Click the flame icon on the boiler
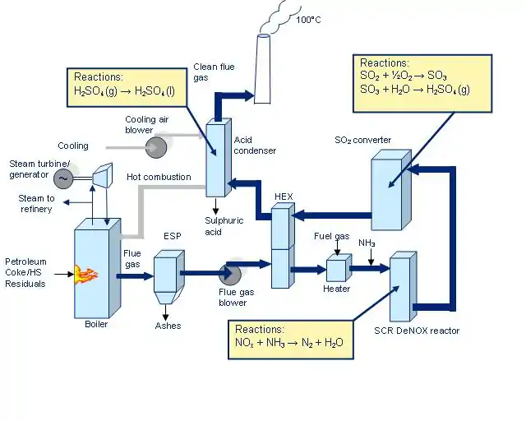pyautogui.click(x=85, y=273)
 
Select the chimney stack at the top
pyautogui.click(x=263, y=70)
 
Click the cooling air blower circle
pyautogui.click(x=156, y=147)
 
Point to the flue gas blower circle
pyautogui.click(x=231, y=272)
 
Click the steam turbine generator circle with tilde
pyautogui.click(x=63, y=178)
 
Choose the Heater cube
pyautogui.click(x=337, y=270)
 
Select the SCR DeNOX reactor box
pyautogui.click(x=400, y=289)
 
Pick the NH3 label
pyautogui.click(x=367, y=243)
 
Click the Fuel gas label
pyautogui.click(x=331, y=237)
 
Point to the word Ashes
pyautogui.click(x=168, y=326)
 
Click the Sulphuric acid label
pyautogui.click(x=220, y=225)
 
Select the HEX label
pyautogui.click(x=284, y=196)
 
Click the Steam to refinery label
pyautogui.click(x=36, y=204)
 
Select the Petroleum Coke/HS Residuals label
pyautogui.click(x=25, y=272)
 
